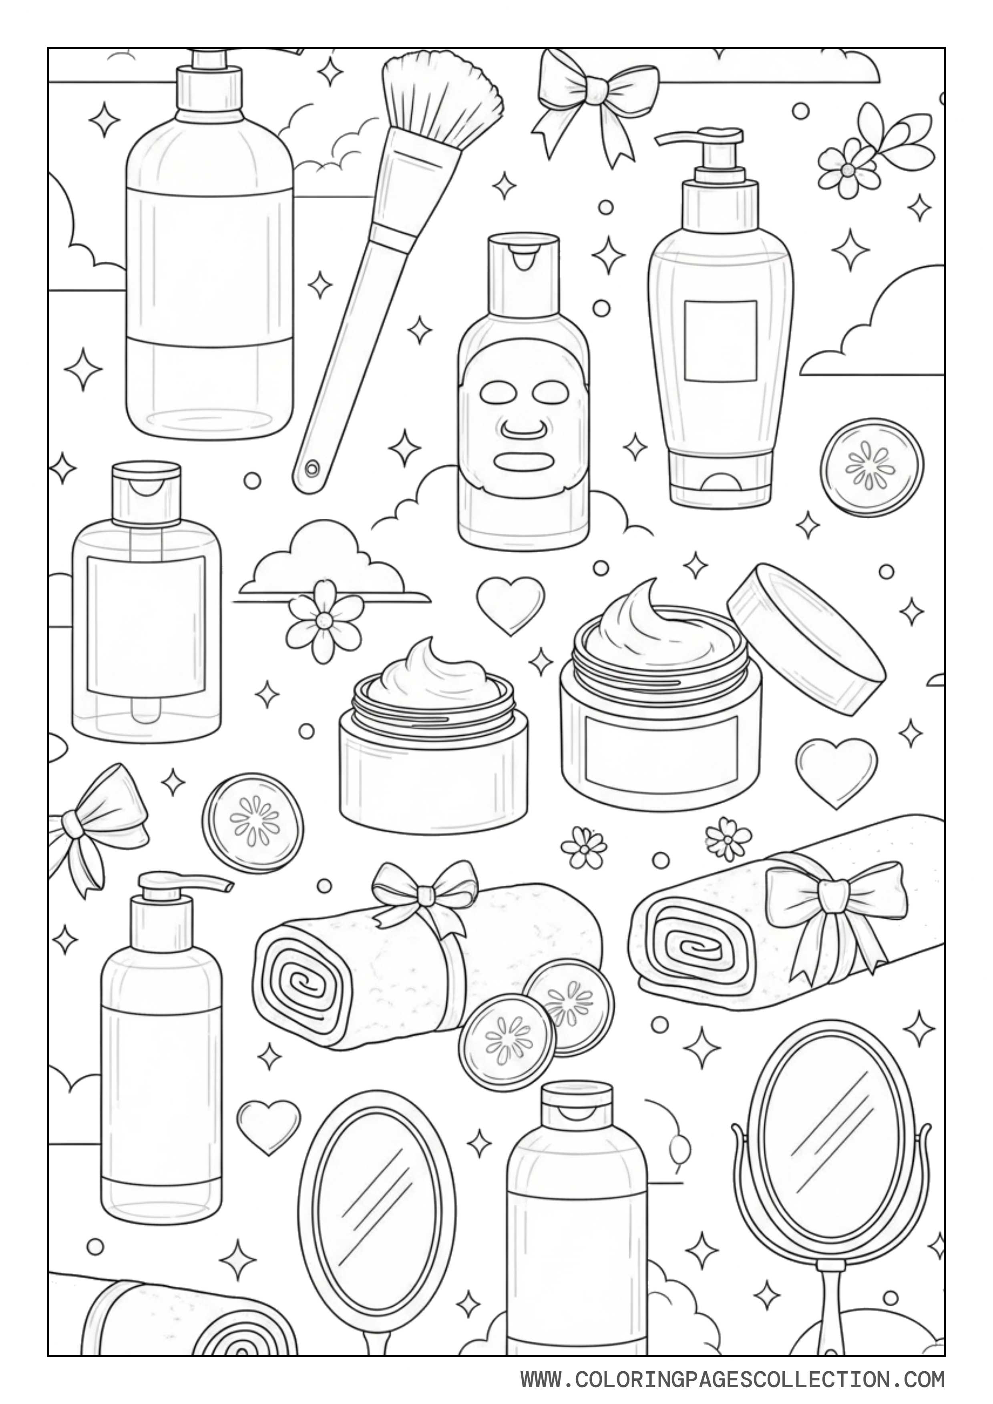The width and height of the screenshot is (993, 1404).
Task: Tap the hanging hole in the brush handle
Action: click(x=312, y=468)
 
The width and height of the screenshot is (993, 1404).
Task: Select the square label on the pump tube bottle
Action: click(x=720, y=341)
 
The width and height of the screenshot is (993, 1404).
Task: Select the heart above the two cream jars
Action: click(x=510, y=604)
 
